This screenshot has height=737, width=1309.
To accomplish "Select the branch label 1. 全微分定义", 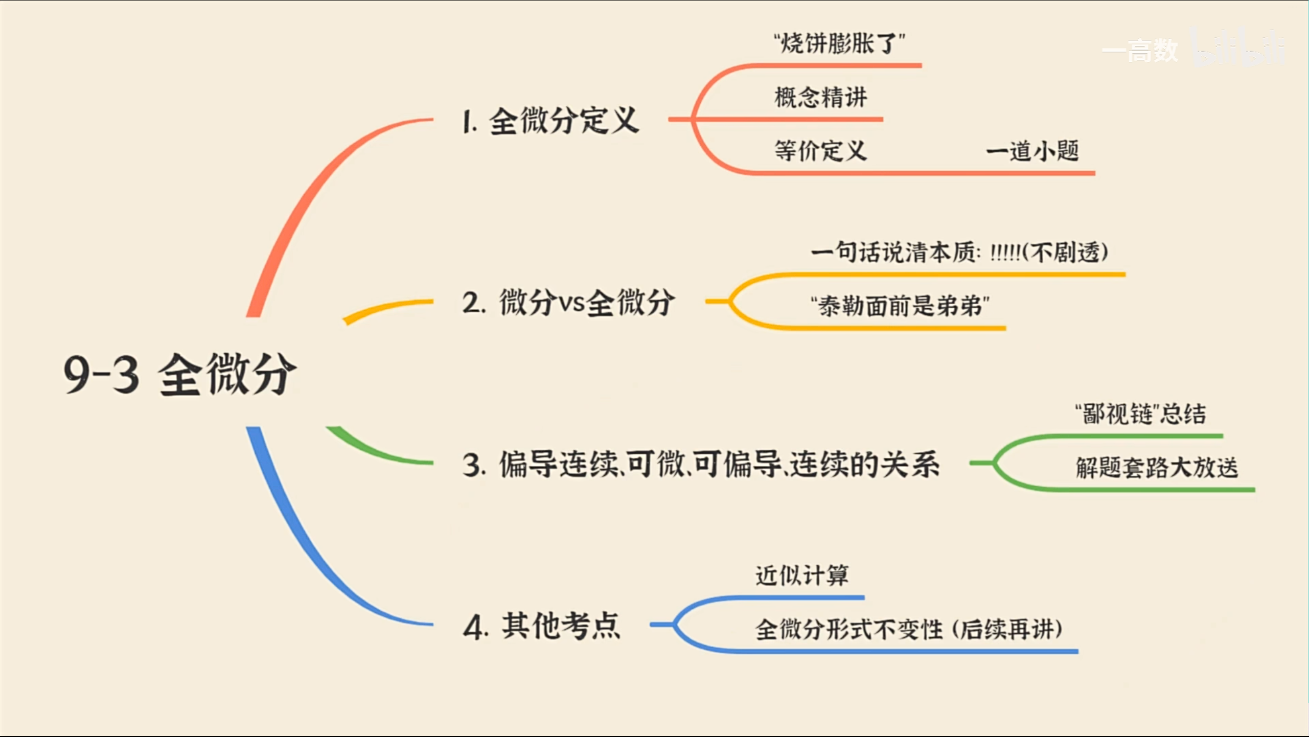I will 550,122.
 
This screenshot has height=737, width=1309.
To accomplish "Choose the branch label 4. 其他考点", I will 542,626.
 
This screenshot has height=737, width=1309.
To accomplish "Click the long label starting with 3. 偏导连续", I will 701,464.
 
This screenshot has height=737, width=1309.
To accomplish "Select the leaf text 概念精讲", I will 821,97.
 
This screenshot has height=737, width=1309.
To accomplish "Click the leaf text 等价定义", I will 821,151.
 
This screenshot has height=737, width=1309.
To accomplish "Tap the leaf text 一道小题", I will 1032,151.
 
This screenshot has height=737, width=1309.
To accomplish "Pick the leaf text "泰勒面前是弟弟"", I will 900,306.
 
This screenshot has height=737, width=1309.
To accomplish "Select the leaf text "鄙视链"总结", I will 1140,413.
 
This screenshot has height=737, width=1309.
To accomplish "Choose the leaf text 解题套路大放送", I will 1157,468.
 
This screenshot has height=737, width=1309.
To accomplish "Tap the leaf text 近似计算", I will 802,575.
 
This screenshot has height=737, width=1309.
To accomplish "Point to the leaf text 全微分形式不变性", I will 849,629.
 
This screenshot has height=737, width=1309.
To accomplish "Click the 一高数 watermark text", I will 1140,51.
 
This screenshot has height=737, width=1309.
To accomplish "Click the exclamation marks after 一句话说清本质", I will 1005,252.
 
